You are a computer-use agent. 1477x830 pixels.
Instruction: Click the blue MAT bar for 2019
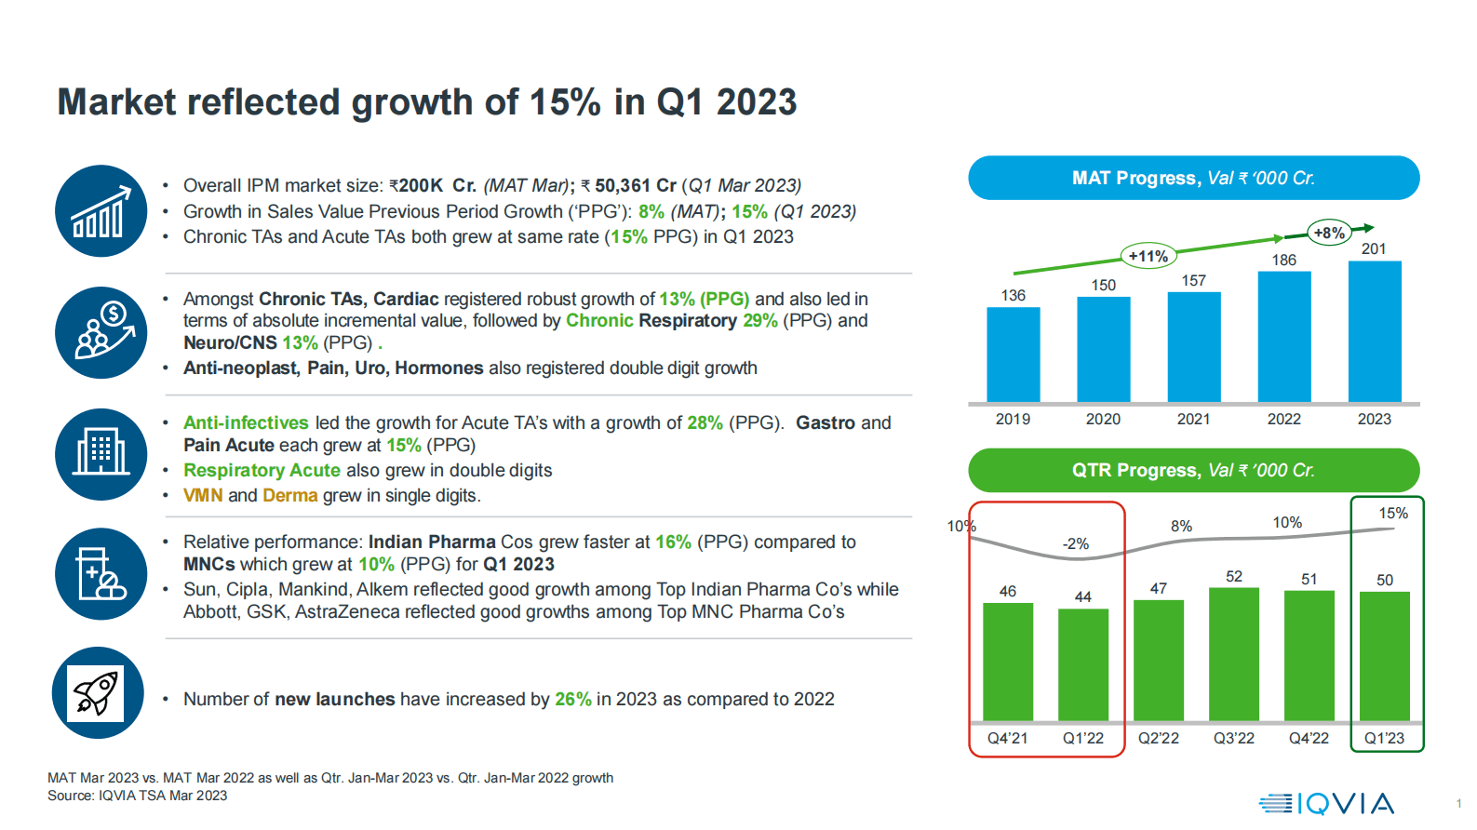click(1013, 355)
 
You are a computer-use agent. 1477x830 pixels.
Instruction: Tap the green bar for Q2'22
click(1158, 660)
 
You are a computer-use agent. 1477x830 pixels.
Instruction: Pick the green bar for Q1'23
click(1384, 656)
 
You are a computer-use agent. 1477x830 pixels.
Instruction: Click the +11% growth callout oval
click(1148, 256)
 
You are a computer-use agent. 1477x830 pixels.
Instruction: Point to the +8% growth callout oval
click(1329, 233)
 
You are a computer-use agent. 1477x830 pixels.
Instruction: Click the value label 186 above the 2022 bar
click(1283, 261)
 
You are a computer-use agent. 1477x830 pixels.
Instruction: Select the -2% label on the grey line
click(1076, 543)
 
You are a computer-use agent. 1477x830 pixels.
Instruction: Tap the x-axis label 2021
click(1193, 420)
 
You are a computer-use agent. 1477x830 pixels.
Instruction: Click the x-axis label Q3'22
click(1233, 738)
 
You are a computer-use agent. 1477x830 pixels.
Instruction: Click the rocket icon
click(98, 693)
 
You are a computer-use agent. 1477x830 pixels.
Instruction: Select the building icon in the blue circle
click(101, 454)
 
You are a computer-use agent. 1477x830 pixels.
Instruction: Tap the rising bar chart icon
click(101, 211)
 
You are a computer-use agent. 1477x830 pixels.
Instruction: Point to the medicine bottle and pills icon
click(101, 574)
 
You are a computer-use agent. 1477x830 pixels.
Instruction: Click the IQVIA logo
click(1327, 803)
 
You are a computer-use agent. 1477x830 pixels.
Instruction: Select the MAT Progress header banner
click(1193, 178)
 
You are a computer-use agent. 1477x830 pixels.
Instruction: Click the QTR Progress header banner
click(1193, 470)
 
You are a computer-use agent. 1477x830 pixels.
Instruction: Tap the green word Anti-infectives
click(246, 423)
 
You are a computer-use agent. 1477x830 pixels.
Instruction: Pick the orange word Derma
click(289, 496)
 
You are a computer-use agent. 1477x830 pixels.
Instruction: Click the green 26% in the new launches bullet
click(572, 700)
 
